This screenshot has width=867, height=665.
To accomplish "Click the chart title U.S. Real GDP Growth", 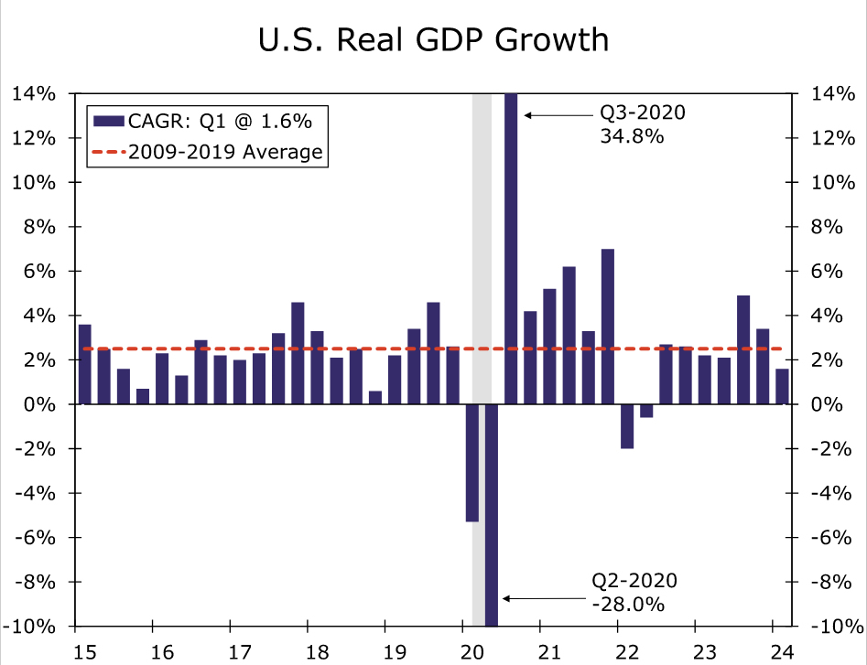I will click(433, 39).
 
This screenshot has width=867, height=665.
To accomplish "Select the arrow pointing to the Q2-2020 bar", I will click(546, 599).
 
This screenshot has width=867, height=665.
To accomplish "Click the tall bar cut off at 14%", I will click(511, 247).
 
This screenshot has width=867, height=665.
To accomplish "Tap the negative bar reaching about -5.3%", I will click(472, 463).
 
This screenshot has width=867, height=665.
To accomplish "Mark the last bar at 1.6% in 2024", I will click(782, 386).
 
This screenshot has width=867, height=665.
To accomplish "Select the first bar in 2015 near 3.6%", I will click(84, 364).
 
